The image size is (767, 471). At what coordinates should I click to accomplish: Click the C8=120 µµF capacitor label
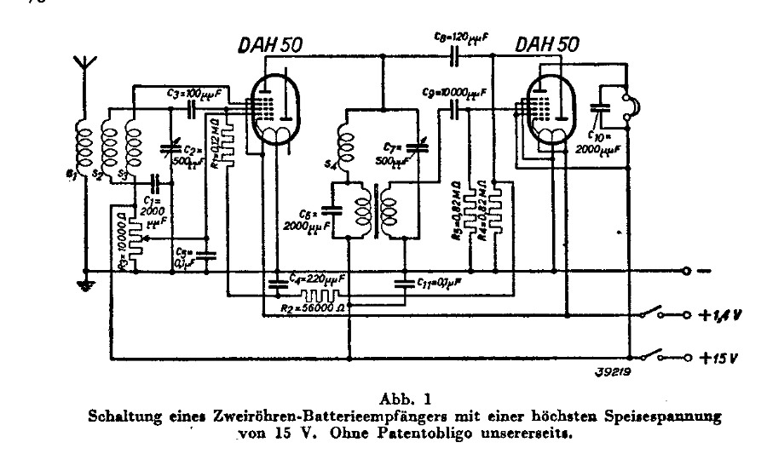(461, 37)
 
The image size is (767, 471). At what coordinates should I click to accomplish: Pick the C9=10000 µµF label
(456, 90)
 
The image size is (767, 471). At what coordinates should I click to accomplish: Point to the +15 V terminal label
(718, 355)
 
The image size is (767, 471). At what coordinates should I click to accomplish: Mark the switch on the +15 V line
(653, 353)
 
